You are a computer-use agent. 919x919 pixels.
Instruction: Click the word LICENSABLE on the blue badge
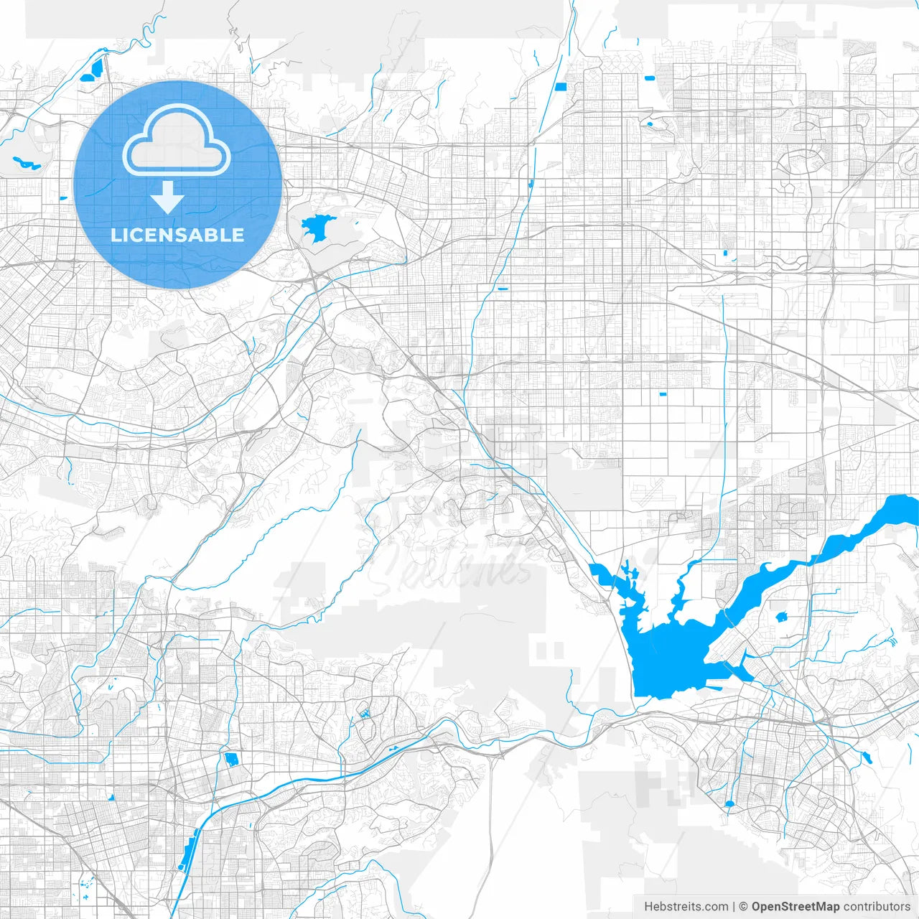[177, 235]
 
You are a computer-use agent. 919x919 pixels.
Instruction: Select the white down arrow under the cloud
[168, 197]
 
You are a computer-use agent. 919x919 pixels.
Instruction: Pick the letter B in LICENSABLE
[215, 235]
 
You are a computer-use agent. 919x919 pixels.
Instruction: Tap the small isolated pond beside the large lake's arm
[781, 616]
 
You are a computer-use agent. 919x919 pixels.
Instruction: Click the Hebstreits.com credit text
[686, 907]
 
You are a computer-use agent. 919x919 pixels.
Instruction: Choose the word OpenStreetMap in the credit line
[795, 907]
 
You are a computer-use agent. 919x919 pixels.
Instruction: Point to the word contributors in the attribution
[877, 907]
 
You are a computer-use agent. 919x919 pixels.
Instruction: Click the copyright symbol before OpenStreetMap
[744, 907]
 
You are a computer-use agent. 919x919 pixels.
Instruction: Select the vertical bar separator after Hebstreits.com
[734, 907]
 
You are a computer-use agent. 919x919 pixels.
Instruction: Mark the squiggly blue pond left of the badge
[26, 163]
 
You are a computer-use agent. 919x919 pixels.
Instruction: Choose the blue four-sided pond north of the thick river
[231, 759]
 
